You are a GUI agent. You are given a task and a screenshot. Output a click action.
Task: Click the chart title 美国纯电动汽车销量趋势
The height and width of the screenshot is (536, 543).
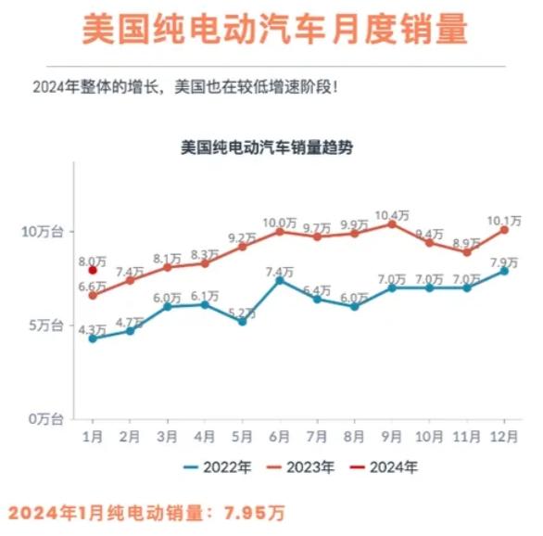tap(266, 147)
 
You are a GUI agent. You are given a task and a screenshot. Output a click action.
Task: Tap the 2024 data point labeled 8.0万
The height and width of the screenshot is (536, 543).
tap(93, 271)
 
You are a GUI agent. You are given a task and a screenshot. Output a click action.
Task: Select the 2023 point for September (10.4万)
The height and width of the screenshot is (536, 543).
tap(392, 223)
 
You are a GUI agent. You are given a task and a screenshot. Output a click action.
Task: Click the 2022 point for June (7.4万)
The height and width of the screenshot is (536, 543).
tap(280, 279)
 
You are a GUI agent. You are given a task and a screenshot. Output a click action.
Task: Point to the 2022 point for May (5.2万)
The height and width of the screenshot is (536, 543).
tap(242, 321)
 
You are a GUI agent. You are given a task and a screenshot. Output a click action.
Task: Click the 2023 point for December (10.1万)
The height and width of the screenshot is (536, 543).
tap(504, 229)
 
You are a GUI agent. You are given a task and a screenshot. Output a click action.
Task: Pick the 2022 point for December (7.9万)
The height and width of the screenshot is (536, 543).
tap(504, 270)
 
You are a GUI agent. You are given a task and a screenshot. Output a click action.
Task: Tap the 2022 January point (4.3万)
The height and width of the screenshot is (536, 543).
tap(93, 338)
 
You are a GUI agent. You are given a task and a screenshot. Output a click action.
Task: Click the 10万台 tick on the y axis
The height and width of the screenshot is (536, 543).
tap(43, 231)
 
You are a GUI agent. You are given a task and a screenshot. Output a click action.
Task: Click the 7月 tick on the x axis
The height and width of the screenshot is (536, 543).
tap(317, 436)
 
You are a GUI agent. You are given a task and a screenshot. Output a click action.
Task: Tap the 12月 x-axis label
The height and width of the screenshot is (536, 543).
tap(504, 436)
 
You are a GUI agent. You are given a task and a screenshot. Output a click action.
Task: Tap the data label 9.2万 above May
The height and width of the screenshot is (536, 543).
tap(242, 237)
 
